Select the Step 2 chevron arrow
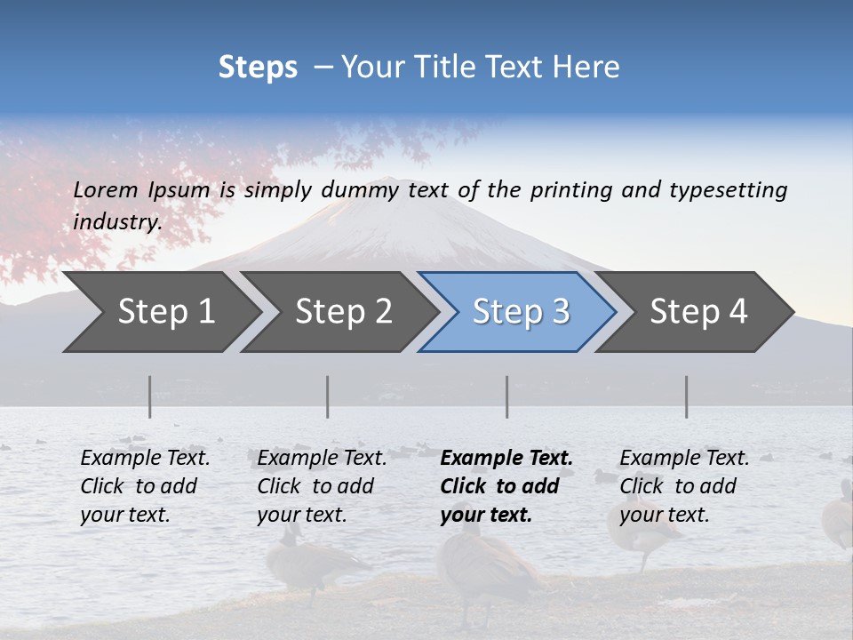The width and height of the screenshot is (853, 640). pos(343,312)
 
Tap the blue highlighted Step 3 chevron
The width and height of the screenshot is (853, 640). pos(520,312)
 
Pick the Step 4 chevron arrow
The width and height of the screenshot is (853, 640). pos(698,312)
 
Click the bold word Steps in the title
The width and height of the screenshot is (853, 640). pos(258,68)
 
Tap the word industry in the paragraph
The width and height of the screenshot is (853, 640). pos(116,221)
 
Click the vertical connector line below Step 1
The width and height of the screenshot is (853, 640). pos(150,396)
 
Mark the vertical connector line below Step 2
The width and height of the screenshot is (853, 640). pos(328,396)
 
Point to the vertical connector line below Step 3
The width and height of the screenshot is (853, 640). pos(507,396)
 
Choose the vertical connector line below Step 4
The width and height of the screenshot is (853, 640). pos(687,396)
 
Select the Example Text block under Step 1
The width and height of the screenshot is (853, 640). pos(145,486)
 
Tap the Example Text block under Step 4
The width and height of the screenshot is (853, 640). pos(683,486)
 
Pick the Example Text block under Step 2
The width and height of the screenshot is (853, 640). pos(322,486)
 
